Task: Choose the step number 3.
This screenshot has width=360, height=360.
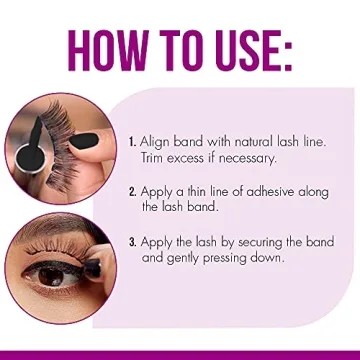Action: click(134, 241)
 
